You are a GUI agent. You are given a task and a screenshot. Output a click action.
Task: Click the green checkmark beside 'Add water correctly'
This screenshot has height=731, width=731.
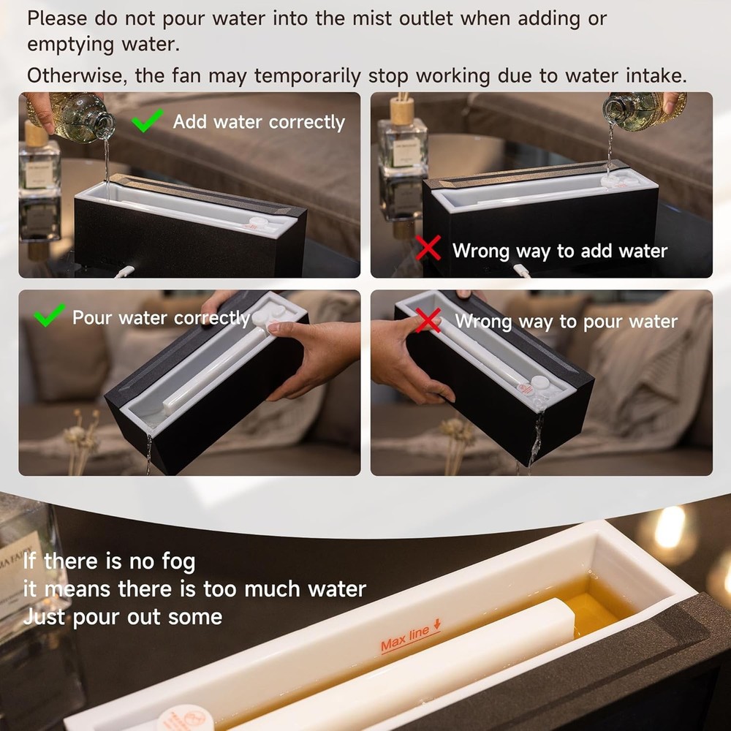click(148, 120)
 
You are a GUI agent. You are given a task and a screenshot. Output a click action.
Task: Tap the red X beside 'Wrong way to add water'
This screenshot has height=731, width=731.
click(428, 249)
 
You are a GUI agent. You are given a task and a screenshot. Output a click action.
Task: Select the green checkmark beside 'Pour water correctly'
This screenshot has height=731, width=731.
click(50, 315)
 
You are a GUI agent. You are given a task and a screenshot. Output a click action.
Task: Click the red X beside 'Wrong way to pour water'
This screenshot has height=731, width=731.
click(428, 319)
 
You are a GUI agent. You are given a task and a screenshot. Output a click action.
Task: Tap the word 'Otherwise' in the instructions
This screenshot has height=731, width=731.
click(77, 76)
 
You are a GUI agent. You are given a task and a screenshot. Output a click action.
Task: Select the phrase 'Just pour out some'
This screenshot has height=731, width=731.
click(122, 616)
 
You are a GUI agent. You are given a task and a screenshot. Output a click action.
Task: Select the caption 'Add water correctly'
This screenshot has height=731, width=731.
click(259, 121)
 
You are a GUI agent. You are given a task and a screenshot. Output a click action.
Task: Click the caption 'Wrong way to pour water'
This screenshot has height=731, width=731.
click(566, 321)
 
